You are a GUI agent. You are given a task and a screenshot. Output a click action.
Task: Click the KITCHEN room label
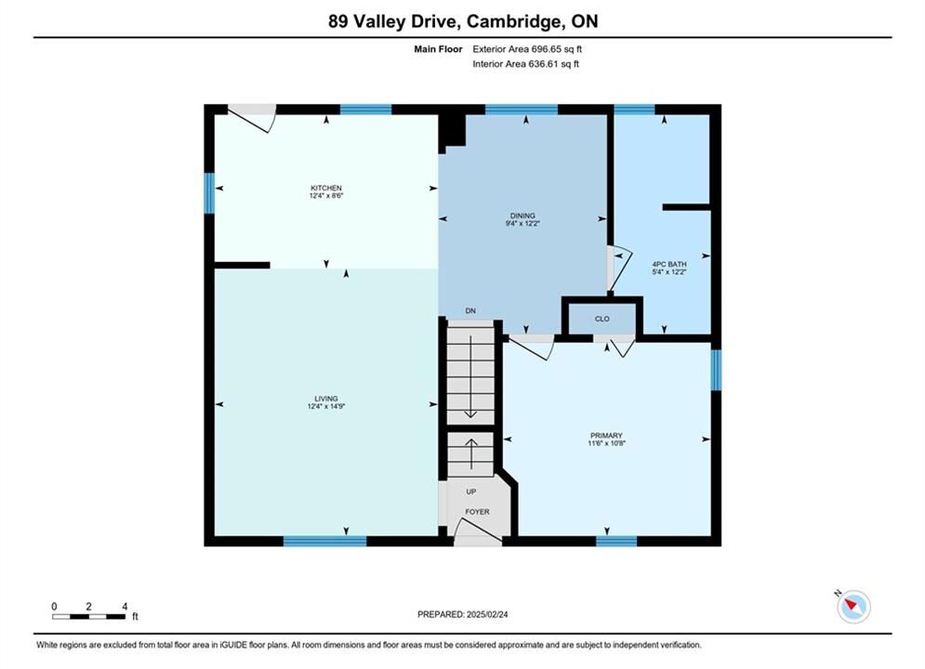tap(326, 188)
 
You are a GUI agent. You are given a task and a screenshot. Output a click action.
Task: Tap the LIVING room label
tap(326, 399)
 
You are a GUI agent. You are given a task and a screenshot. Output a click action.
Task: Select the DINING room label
tap(522, 216)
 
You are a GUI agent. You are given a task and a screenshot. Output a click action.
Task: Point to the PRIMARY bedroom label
tap(606, 436)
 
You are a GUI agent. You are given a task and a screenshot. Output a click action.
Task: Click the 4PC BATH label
tap(669, 264)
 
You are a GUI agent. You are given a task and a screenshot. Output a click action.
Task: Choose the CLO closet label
tap(602, 319)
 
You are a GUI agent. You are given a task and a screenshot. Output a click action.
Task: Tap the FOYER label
tap(477, 512)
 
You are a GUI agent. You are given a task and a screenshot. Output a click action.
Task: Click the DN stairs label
tap(470, 310)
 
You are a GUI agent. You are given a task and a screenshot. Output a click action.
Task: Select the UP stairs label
tap(470, 492)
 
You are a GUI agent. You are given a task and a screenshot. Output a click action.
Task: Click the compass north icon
tap(853, 606)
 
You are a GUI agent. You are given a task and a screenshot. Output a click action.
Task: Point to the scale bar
tap(88, 617)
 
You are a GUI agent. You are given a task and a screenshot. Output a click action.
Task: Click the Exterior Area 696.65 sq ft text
tap(527, 49)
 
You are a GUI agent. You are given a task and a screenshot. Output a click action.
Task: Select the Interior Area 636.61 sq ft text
tap(525, 64)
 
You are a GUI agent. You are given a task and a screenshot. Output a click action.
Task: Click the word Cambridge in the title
tap(512, 21)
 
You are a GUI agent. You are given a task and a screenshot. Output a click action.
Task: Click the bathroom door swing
tap(620, 269)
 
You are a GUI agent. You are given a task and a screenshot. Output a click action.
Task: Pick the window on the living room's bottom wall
tap(325, 541)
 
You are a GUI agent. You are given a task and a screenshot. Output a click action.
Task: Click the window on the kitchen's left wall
tap(209, 192)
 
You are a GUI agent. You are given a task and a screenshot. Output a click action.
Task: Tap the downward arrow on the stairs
tap(470, 376)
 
